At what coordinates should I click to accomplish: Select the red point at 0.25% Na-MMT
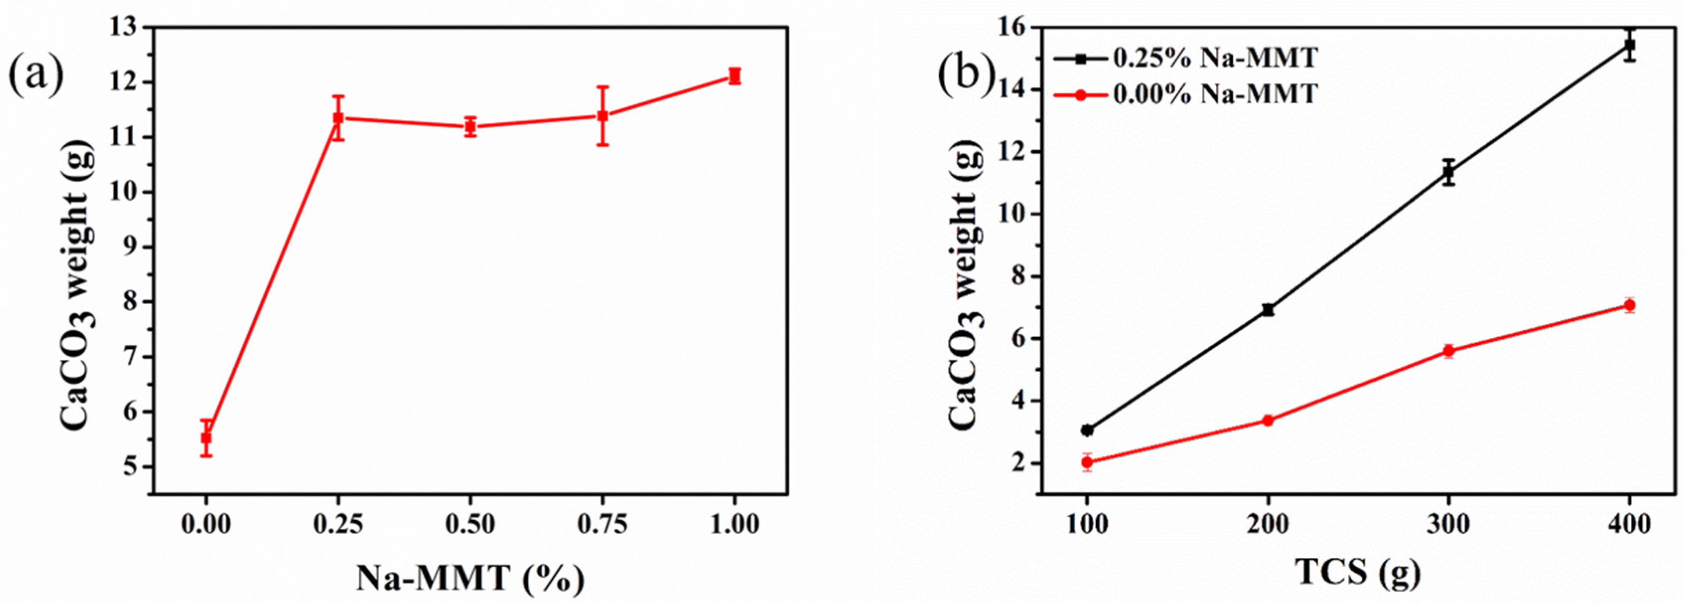(338, 118)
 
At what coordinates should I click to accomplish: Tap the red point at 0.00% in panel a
(206, 437)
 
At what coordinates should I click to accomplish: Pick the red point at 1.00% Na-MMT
(734, 76)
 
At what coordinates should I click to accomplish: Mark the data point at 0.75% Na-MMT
(603, 116)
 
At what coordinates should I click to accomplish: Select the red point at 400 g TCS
(1629, 305)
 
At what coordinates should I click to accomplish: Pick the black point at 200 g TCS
(1268, 310)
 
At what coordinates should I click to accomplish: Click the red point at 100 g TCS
(1087, 462)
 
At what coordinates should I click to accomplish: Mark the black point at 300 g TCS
(1449, 173)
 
